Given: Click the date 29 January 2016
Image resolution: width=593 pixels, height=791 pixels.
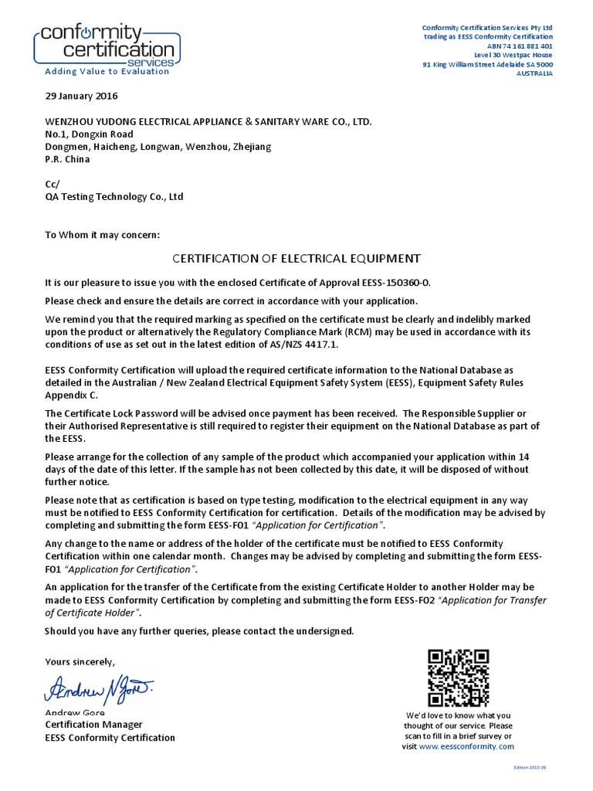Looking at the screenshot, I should point(81,97).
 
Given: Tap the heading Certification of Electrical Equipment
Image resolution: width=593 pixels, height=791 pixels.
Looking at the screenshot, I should point(296,258).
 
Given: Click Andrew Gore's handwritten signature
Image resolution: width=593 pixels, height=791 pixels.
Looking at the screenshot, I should point(100,685).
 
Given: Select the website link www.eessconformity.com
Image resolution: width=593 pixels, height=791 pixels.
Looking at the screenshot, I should point(466,747).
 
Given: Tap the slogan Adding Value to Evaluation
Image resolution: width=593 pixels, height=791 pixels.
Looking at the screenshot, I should point(107,71).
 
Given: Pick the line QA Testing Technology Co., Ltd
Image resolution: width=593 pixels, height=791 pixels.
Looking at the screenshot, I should point(114,197).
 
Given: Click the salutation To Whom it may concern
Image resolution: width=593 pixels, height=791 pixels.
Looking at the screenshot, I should point(102,235).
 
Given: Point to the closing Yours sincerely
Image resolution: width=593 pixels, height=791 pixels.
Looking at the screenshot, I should point(80,662).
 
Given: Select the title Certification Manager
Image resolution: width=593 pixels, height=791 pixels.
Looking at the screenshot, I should point(93,725).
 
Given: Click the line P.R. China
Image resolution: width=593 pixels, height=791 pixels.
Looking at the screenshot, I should point(67,159).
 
